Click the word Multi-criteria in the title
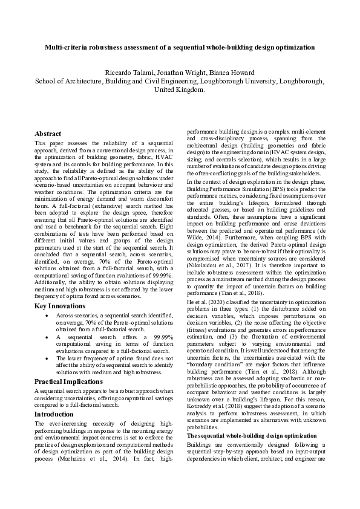click(66, 47)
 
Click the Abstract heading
click(48, 134)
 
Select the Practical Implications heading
click(68, 382)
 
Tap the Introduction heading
click(54, 414)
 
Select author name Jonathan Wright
click(182, 73)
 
